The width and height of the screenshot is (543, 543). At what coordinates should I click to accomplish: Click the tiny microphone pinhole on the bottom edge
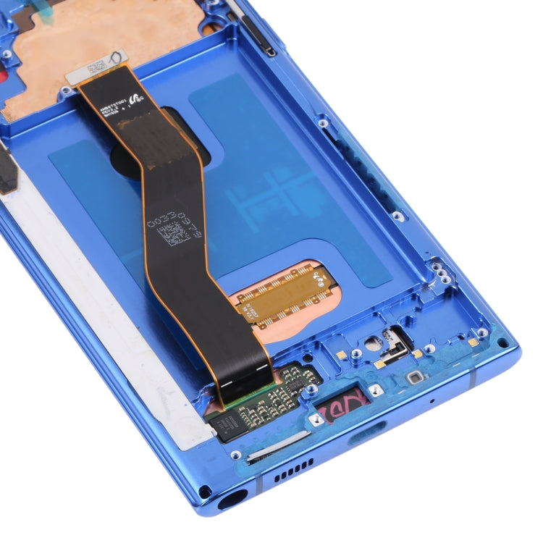point(432,400)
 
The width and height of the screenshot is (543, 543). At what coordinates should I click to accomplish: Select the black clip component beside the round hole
point(394,338)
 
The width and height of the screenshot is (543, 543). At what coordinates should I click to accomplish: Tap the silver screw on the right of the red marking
point(375,390)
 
